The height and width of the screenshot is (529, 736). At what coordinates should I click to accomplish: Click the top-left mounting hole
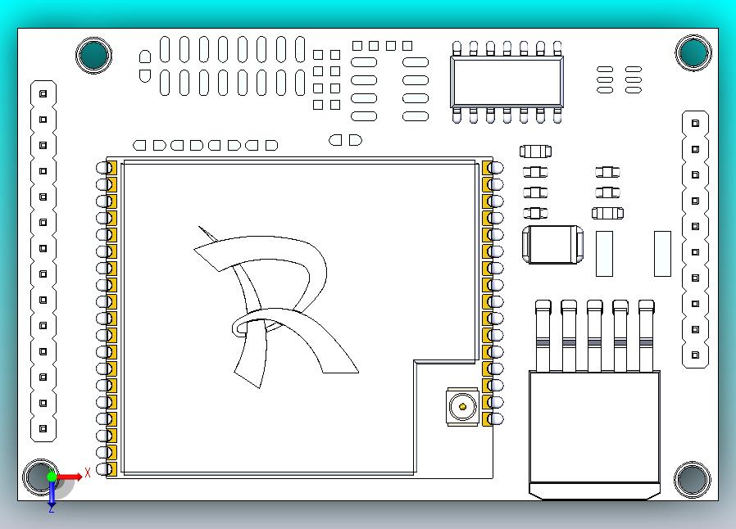click(x=94, y=55)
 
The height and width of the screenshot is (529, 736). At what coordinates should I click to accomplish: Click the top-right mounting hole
click(x=693, y=52)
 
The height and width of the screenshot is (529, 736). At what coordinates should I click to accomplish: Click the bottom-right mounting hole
click(x=693, y=480)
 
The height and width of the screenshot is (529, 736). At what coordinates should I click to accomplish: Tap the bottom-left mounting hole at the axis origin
click(x=40, y=477)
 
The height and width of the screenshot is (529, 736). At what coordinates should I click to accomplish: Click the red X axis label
click(x=88, y=472)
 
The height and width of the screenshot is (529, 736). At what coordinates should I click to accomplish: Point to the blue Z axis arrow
click(x=52, y=492)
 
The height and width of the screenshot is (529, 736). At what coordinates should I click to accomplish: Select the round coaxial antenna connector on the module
click(x=463, y=406)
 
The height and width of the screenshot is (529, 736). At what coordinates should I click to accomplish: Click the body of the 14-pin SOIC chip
click(x=507, y=82)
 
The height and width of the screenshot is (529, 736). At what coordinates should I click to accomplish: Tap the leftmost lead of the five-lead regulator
click(x=543, y=336)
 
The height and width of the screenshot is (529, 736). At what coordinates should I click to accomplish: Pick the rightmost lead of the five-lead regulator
click(x=647, y=336)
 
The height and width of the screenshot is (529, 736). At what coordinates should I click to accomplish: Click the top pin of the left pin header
click(x=43, y=94)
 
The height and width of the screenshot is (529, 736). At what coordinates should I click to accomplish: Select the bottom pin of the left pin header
click(x=43, y=428)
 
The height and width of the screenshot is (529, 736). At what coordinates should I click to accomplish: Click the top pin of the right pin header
click(x=696, y=124)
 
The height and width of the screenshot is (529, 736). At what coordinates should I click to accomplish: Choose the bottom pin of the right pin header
click(x=696, y=355)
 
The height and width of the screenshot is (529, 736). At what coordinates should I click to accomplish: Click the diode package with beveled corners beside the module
click(x=553, y=244)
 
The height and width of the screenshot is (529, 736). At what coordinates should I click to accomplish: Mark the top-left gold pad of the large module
click(x=111, y=168)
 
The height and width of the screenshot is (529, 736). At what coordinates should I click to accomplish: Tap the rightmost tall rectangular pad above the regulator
click(x=662, y=254)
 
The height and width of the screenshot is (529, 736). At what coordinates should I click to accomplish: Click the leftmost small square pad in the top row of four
click(x=357, y=46)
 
